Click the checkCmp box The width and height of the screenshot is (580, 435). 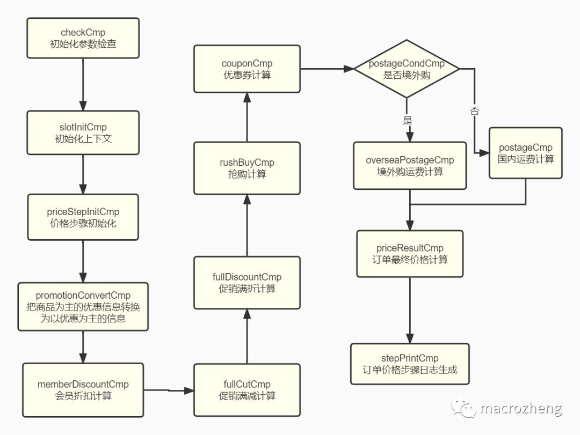[83, 38]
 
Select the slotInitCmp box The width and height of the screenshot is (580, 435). [83, 132]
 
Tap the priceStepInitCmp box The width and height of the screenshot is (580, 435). [83, 217]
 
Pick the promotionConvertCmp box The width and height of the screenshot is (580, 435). [83, 307]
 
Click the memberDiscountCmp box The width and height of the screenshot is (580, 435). [83, 390]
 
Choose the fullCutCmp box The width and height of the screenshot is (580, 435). [247, 390]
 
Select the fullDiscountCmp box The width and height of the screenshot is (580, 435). [247, 283]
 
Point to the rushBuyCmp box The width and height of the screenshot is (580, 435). [247, 168]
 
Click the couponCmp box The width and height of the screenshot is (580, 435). [247, 69]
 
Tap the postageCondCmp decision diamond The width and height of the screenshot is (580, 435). [407, 69]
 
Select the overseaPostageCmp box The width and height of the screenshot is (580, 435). [410, 166]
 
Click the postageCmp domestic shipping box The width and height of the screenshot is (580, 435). [526, 153]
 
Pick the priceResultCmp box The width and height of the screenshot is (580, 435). [410, 254]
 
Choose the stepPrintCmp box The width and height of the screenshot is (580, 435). [410, 364]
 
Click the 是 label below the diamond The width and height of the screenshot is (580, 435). [407, 120]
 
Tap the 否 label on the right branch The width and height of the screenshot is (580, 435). [475, 110]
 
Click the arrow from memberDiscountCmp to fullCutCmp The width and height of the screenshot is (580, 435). [169, 390]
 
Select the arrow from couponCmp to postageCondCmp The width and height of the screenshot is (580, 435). [327, 69]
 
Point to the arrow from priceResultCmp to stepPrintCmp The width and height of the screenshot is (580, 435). [410, 311]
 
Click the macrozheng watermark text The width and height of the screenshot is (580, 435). [521, 408]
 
